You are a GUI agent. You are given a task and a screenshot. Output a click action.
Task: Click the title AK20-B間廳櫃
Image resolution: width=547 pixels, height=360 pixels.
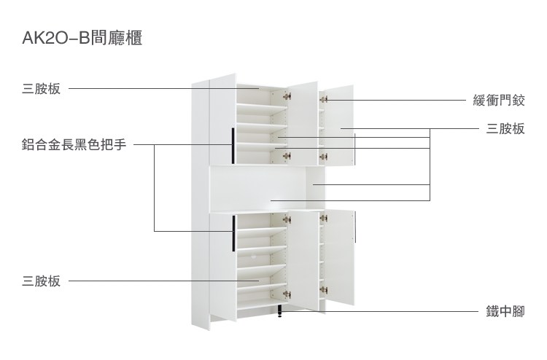[x=82, y=38]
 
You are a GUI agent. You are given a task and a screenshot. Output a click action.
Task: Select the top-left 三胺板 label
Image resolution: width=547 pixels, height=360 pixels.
[x=41, y=88]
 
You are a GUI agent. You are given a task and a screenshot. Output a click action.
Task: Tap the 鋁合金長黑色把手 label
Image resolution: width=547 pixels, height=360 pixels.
[x=74, y=144]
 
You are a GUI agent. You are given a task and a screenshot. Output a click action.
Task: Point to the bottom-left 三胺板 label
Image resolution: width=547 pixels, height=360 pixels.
[x=41, y=281]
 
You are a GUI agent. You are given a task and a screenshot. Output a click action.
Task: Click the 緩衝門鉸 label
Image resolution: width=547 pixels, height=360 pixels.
[x=499, y=101]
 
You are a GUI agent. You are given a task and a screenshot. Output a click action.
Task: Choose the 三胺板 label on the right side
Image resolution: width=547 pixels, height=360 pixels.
[x=505, y=129]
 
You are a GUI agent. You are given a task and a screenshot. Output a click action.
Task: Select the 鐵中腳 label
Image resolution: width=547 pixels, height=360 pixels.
[x=505, y=311]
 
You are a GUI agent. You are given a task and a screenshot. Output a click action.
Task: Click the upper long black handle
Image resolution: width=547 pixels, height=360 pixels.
[x=233, y=146]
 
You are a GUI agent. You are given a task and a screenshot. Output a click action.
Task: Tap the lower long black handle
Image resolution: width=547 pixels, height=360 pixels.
[x=233, y=233]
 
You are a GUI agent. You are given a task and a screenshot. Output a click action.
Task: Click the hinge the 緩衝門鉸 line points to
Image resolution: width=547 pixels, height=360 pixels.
[x=323, y=100]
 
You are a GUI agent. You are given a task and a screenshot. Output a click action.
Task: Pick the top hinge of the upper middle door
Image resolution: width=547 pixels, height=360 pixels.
[x=287, y=96]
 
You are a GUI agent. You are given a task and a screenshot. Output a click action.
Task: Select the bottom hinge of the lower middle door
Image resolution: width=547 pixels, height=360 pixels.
[x=287, y=294]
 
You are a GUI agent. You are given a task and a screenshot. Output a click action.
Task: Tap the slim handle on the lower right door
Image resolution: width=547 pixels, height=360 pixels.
[x=355, y=227]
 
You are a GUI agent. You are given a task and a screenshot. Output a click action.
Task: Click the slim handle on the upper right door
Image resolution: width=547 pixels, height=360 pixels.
[x=354, y=149]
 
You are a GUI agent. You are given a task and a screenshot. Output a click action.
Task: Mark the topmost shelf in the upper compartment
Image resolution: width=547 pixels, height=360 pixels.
[x=262, y=108]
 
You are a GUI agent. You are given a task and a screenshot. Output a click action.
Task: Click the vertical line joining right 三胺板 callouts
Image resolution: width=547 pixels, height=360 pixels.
[x=430, y=165]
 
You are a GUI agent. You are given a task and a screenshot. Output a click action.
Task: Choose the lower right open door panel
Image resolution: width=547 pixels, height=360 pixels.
[x=340, y=257]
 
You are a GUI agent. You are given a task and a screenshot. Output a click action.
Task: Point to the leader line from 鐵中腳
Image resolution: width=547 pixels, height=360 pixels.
[x=381, y=311]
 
